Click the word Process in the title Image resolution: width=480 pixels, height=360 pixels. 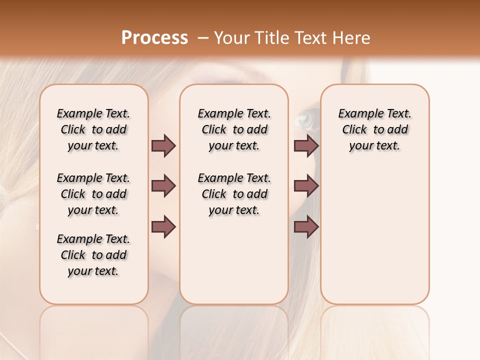154,37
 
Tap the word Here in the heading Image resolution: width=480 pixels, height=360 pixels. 352,37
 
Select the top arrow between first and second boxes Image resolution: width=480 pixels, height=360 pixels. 163,145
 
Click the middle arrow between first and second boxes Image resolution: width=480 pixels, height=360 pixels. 163,186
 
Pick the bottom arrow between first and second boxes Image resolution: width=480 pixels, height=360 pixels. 163,226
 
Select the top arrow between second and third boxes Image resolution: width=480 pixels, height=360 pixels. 306,145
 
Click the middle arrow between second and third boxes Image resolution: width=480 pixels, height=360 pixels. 306,186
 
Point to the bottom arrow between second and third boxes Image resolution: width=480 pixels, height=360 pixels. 306,226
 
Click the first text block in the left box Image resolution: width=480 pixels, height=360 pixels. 93,129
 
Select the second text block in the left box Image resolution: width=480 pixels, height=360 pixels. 93,194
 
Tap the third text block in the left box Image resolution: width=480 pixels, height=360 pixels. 93,255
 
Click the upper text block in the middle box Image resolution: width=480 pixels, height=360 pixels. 234,129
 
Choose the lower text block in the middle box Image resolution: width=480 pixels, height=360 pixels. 234,194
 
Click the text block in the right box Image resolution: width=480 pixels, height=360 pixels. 374,129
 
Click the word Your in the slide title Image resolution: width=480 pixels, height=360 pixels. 229,37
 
